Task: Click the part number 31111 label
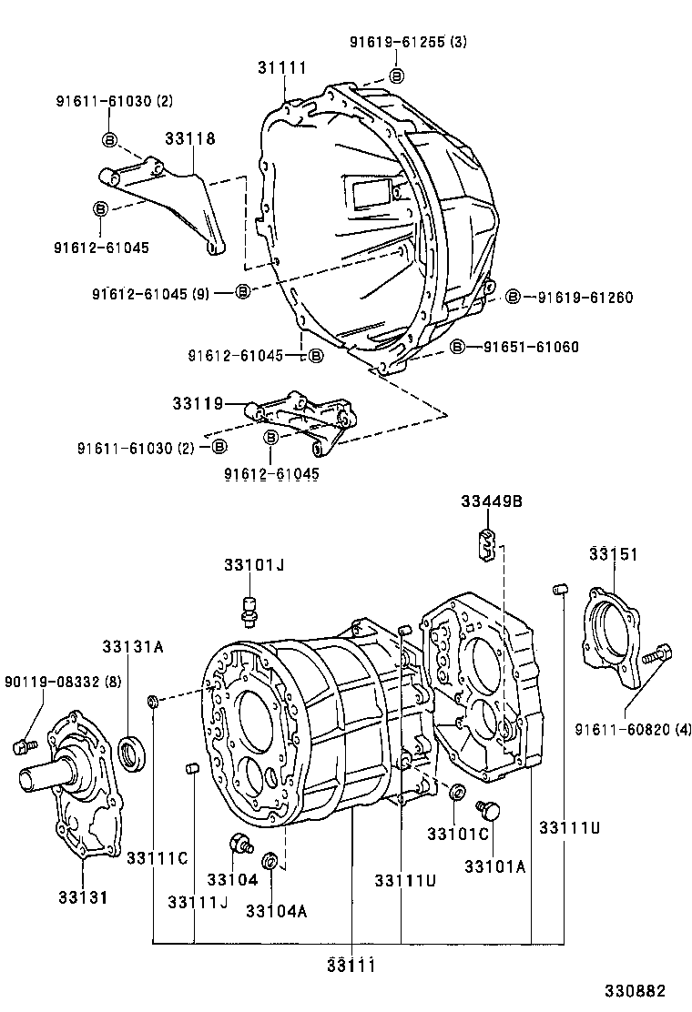point(281,67)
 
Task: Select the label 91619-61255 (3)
point(408,42)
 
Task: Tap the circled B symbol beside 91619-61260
point(513,297)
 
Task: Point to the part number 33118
point(190,138)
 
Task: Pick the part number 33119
point(198,401)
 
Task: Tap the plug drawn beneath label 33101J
point(249,609)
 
